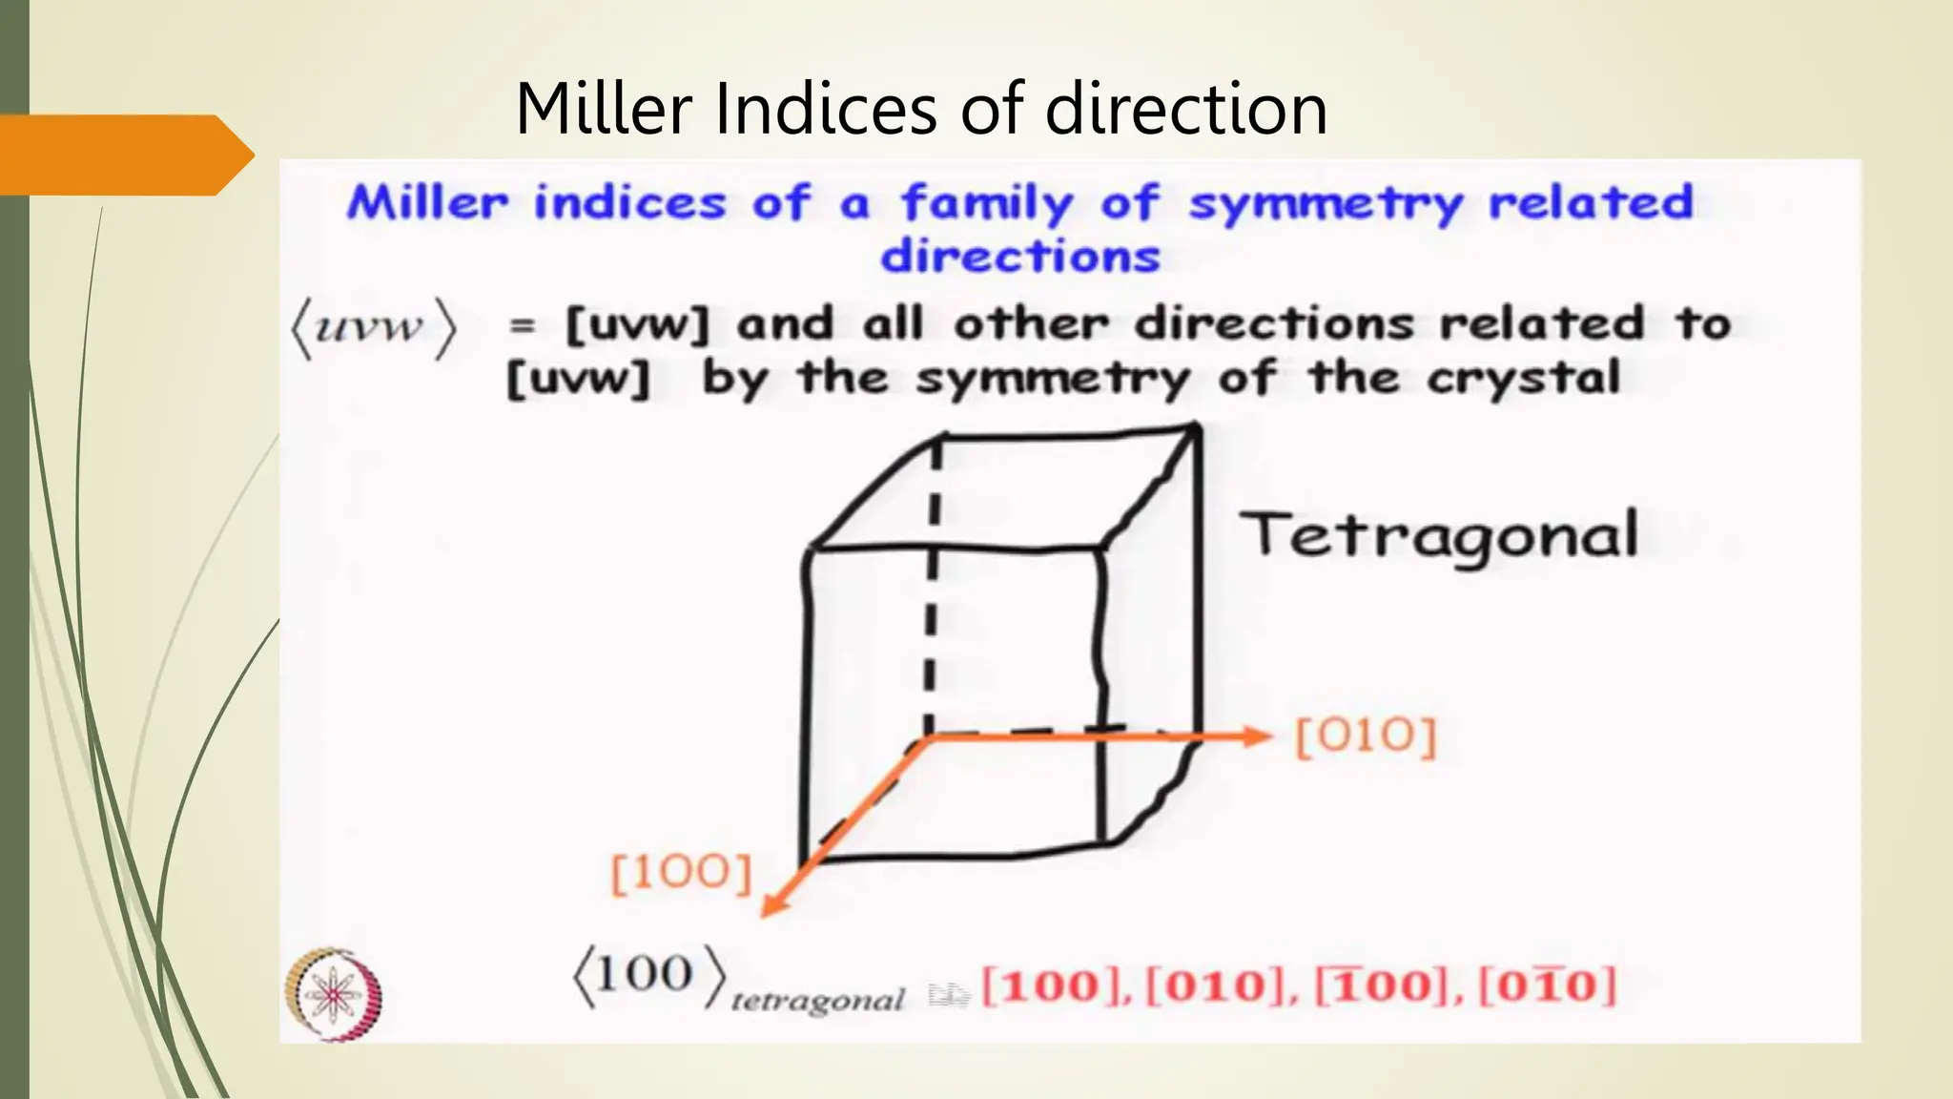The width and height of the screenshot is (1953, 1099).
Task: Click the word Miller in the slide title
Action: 603,109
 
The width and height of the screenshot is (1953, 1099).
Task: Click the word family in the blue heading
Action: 987,204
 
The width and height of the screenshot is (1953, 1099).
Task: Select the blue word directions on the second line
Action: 1019,256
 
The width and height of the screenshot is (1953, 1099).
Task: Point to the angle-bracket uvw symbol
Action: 373,328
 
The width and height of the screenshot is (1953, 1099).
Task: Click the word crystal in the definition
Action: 1523,378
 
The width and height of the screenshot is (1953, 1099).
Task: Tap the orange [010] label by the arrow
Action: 1366,737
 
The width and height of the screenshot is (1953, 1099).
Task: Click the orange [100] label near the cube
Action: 681,872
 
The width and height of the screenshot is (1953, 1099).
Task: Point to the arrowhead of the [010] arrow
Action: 1259,736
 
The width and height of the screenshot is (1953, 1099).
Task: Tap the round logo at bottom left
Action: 334,994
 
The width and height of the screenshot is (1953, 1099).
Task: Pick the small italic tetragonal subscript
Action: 817,1001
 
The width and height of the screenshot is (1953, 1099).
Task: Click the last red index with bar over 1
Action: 1547,985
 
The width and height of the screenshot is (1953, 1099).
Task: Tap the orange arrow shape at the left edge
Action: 124,155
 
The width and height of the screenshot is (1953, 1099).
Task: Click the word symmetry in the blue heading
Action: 1325,204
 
